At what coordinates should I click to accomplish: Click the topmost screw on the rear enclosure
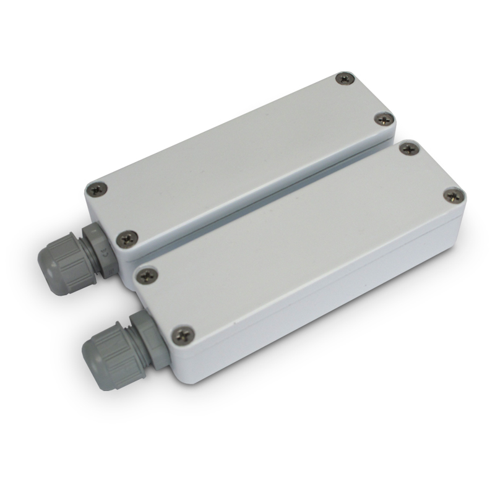(345, 79)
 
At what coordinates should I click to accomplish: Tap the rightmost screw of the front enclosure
(455, 195)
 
